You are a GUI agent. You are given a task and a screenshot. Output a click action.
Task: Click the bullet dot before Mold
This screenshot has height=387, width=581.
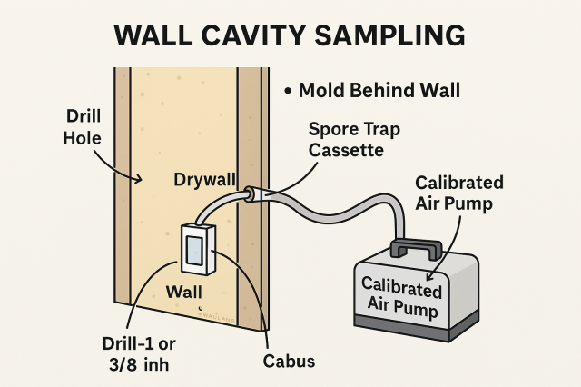pyautogui.click(x=287, y=91)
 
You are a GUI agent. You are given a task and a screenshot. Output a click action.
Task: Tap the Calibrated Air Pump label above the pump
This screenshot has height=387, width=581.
pyautogui.click(x=458, y=193)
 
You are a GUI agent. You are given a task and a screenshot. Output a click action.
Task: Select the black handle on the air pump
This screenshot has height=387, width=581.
pyautogui.click(x=416, y=247)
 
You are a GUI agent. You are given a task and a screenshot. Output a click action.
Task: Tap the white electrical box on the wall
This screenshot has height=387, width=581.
pyautogui.click(x=194, y=247)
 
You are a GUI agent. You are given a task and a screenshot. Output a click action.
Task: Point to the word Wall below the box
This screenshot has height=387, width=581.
pyautogui.click(x=183, y=293)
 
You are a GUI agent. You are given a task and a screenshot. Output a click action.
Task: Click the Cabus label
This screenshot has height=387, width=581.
pyautogui.click(x=290, y=362)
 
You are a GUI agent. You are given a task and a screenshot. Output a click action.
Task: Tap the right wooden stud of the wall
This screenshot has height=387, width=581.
pyautogui.click(x=251, y=209)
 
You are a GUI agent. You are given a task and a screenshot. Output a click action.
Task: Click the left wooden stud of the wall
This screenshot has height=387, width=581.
pyautogui.click(x=123, y=209)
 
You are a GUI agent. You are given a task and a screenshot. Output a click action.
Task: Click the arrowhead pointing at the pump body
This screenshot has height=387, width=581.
pyautogui.click(x=430, y=273)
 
